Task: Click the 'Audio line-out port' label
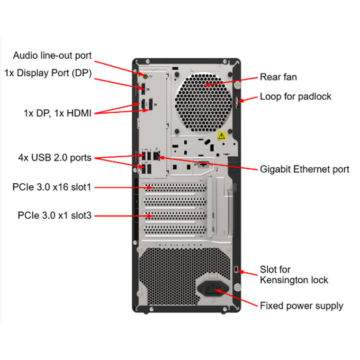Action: click(52, 55)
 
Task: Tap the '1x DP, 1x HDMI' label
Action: click(57, 113)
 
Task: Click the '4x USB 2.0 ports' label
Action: click(54, 158)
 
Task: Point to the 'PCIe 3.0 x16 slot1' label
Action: click(52, 187)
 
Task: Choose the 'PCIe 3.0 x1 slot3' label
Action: click(54, 216)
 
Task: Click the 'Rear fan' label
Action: click(279, 77)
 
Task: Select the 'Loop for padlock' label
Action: click(296, 97)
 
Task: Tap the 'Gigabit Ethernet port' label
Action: click(305, 169)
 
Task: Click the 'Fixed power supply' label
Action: click(301, 306)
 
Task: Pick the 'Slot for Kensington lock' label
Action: click(294, 275)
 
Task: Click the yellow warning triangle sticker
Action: click(221, 136)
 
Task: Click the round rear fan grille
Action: click(203, 97)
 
